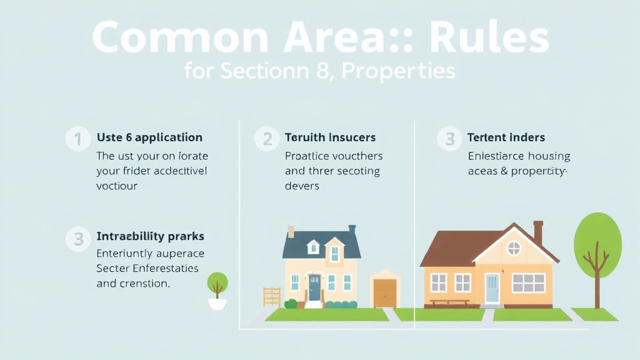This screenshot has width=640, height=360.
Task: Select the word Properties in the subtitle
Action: tap(399, 71)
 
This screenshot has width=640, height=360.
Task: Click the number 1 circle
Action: tap(78, 139)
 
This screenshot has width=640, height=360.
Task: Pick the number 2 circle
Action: tap(267, 139)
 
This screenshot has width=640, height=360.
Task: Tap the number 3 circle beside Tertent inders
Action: tap(449, 139)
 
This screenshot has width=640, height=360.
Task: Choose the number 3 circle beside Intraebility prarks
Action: tap(78, 238)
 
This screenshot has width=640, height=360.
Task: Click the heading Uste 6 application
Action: tap(149, 137)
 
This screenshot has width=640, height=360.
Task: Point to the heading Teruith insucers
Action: tap(330, 137)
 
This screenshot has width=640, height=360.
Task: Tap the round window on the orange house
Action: tap(513, 248)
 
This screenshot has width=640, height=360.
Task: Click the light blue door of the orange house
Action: tap(492, 289)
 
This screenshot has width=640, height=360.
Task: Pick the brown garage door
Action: tap(384, 292)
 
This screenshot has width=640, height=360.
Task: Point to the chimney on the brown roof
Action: tap(537, 232)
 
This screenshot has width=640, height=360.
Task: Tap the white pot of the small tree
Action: tap(217, 304)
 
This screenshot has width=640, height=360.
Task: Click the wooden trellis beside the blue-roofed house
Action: tap(271, 296)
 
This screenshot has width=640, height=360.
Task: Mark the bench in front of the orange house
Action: tap(449, 302)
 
